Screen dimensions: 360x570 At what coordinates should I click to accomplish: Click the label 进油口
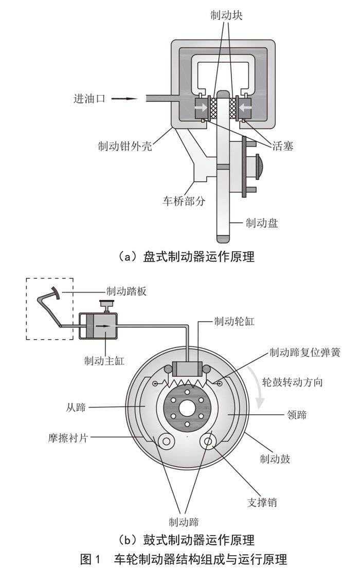[89, 99]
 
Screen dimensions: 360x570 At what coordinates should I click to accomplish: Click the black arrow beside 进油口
[124, 99]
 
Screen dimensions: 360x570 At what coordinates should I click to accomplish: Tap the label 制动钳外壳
[125, 146]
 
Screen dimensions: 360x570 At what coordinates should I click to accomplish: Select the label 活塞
[282, 146]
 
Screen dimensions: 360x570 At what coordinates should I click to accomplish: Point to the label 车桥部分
[184, 201]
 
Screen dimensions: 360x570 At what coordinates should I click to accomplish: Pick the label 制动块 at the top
[226, 15]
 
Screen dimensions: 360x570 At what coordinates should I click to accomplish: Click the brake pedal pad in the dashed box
[56, 292]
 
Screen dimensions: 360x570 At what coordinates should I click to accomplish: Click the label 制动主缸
[104, 361]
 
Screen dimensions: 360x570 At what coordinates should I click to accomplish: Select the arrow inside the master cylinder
[104, 326]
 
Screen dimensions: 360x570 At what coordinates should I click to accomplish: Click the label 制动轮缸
[234, 321]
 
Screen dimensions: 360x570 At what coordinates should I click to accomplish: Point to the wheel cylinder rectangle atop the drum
[187, 370]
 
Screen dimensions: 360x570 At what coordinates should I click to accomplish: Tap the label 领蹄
[297, 414]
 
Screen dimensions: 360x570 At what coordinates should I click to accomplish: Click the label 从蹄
[76, 407]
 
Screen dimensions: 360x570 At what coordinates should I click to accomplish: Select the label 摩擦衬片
[68, 438]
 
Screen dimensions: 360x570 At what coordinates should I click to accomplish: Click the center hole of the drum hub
[187, 409]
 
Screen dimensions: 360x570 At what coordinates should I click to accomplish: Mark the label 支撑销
[262, 502]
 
